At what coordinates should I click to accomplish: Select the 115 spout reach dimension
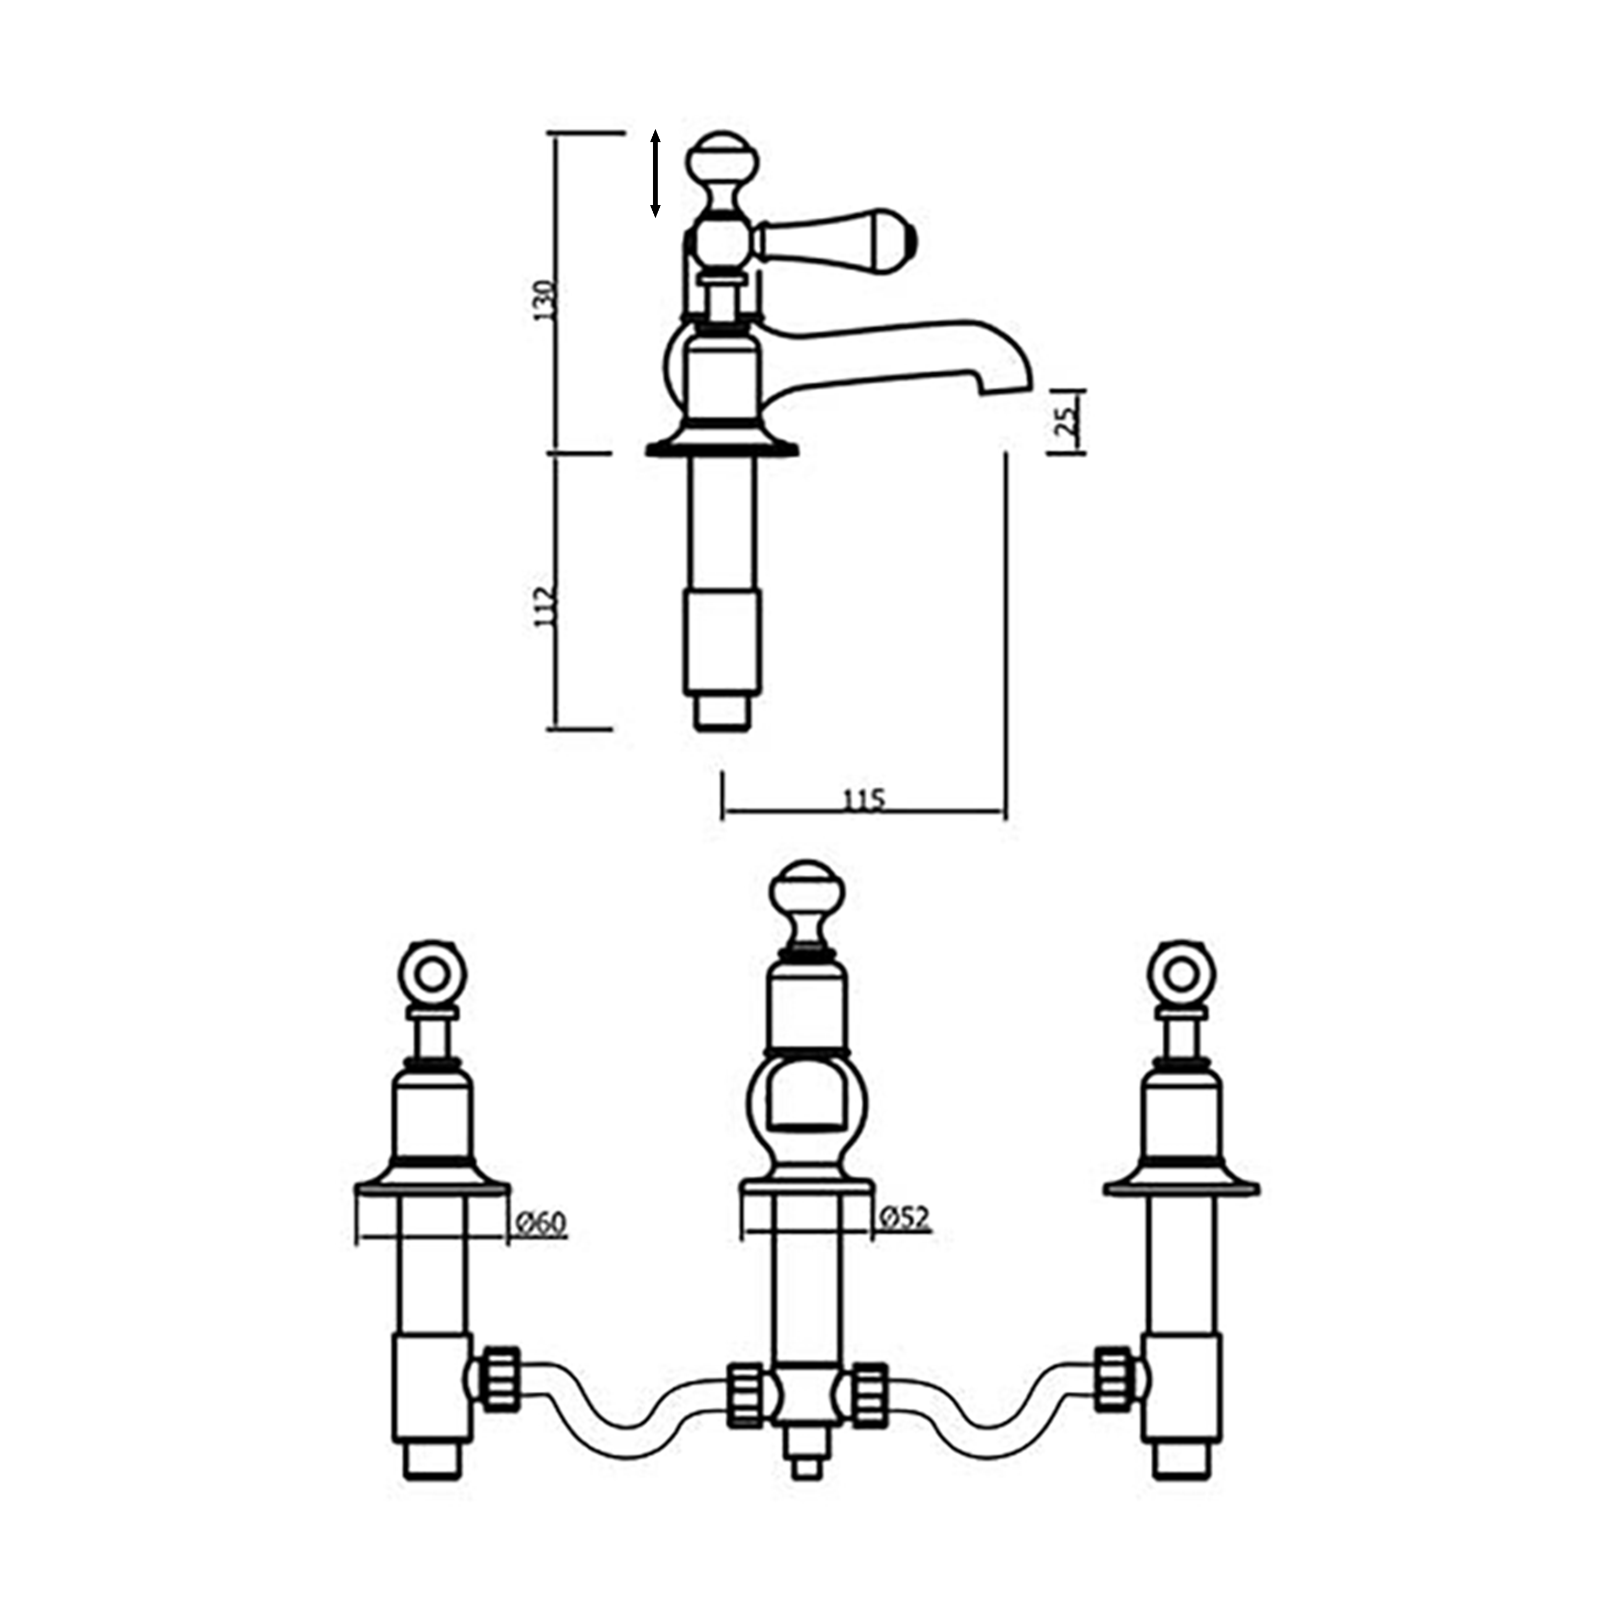click(x=863, y=800)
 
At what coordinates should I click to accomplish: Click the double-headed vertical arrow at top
click(x=655, y=173)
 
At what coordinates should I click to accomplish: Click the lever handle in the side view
click(x=837, y=239)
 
